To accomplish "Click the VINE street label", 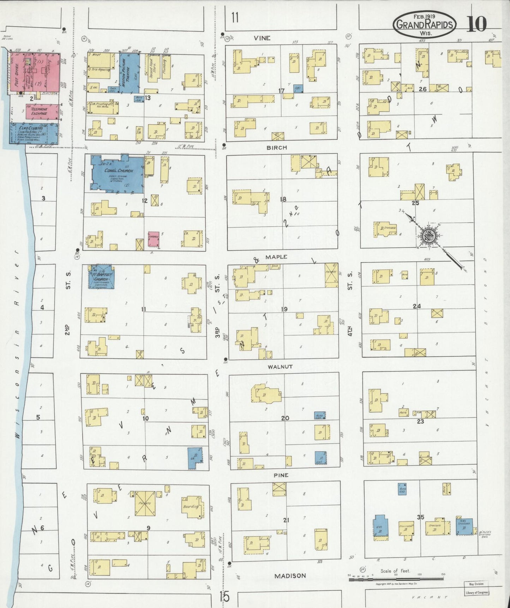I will tap(262, 38).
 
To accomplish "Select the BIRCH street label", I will tap(277, 148).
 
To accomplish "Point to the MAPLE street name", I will tap(276, 257).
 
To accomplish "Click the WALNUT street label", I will tap(280, 367).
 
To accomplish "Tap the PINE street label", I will tap(281, 475).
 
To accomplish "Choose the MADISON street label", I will tap(290, 576).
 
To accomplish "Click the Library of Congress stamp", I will tap(476, 592).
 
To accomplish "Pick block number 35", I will tap(420, 517).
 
